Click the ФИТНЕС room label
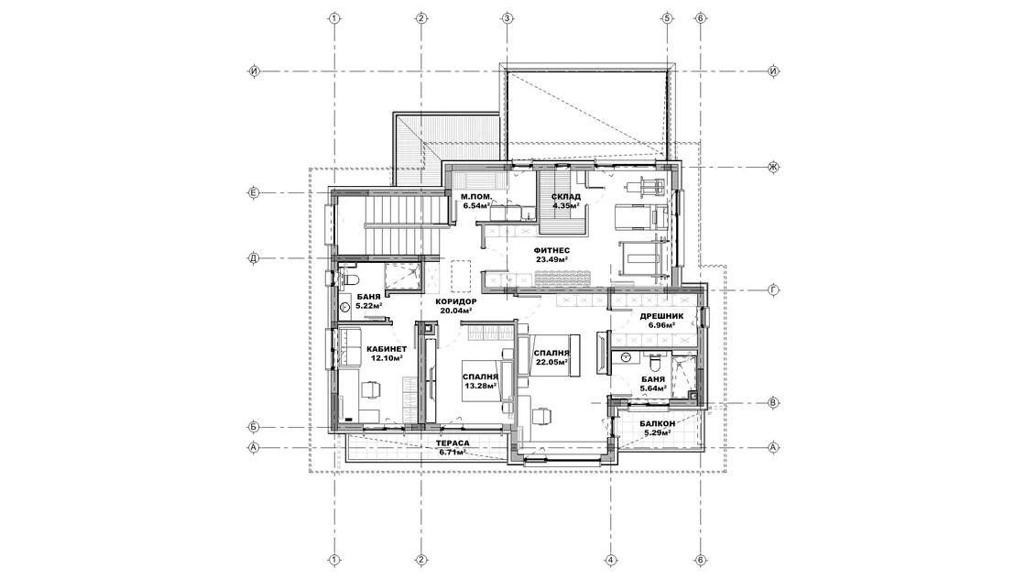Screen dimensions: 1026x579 coord(551,251)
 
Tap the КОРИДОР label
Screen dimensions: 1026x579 coord(456,301)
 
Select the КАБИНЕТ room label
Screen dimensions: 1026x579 coord(386,349)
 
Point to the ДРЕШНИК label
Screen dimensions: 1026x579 coord(661,316)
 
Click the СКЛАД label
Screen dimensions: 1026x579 coord(566,197)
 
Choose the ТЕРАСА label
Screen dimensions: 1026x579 coord(453,443)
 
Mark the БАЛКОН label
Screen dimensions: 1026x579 coord(658,424)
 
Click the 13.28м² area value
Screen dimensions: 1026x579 coord(480,386)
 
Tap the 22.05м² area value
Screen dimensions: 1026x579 coord(551,362)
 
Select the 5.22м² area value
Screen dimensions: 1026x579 coord(369,305)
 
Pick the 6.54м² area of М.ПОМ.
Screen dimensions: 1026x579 coord(476,205)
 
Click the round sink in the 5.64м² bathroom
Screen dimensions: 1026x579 coord(627,357)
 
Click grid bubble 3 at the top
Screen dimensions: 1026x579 coord(507,18)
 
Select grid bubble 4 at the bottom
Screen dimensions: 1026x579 coord(610,560)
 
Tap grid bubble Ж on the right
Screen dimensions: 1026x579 coord(773,167)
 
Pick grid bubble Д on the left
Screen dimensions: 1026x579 coord(254,257)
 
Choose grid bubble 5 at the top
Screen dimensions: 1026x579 coord(668,18)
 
